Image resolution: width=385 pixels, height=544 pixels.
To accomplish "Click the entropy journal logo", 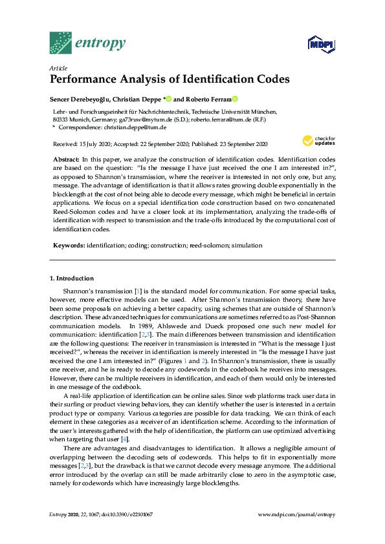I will coord(87,43).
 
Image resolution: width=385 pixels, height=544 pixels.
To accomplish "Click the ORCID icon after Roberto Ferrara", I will coord(236,99).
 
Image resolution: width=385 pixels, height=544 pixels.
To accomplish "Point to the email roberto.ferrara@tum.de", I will coord(226,120).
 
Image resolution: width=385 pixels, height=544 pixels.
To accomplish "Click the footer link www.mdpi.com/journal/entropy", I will coord(296,514).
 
